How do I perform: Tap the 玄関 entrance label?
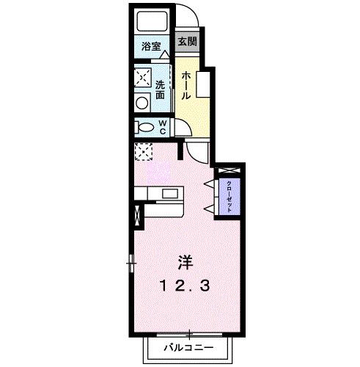[186, 41]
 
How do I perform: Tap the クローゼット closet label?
[229, 196]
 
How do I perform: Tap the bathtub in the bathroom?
[152, 22]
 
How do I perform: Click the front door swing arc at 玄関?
[189, 16]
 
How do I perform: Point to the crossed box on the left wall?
[136, 217]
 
